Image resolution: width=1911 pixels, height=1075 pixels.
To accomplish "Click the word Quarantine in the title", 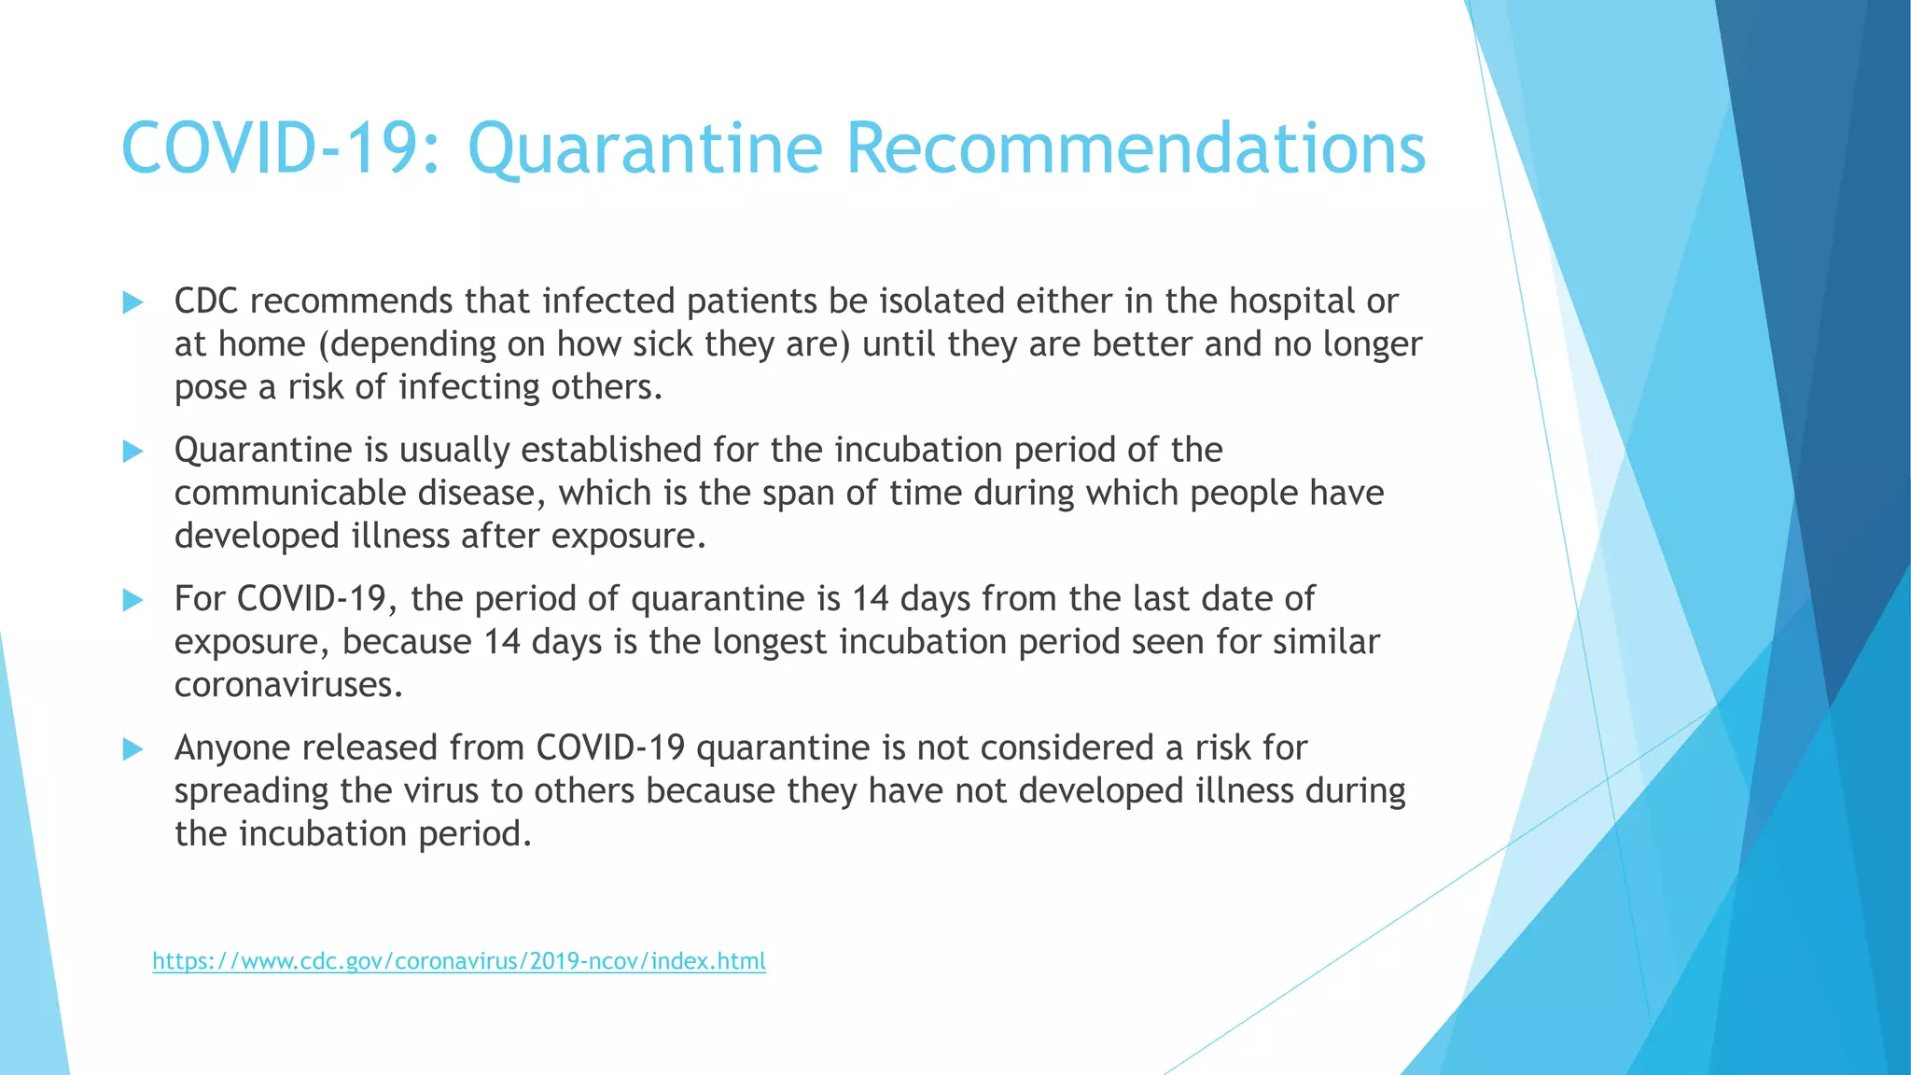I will click(645, 149).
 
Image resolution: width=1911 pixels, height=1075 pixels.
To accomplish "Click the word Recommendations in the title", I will click(1136, 149).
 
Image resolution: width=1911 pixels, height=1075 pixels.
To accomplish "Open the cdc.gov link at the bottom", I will click(459, 961).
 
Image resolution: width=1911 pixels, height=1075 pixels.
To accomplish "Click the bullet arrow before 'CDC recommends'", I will click(133, 302).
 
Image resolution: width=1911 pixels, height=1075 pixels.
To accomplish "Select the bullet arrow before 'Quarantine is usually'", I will click(133, 452).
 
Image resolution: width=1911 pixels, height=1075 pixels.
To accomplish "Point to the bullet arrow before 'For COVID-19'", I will click(133, 600).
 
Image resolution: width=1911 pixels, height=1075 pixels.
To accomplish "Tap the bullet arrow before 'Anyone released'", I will click(133, 748).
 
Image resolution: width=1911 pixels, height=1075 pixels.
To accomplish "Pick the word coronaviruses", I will click(288, 685).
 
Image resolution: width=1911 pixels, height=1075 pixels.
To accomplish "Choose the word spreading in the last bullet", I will click(251, 791).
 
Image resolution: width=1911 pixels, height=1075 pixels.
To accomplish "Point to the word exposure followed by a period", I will click(627, 537).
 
